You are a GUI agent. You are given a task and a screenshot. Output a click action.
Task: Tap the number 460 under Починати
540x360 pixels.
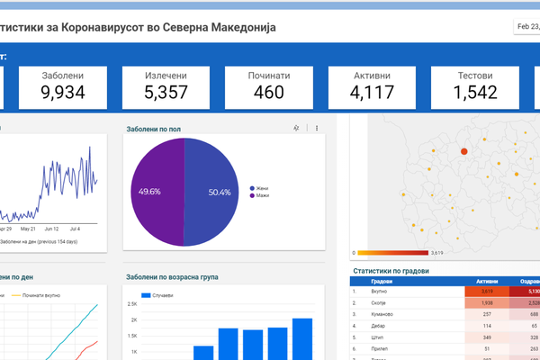(x=268, y=92)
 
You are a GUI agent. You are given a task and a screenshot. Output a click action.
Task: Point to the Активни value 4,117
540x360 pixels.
(x=372, y=92)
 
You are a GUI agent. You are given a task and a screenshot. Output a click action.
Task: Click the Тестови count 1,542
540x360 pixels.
(x=474, y=92)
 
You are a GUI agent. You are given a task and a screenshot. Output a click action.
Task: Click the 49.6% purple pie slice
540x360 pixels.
(x=152, y=191)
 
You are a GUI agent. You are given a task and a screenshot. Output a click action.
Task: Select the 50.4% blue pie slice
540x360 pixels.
(x=214, y=192)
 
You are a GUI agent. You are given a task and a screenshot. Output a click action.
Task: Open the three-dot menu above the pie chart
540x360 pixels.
(x=317, y=129)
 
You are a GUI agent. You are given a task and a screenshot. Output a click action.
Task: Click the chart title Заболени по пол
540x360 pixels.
(x=154, y=130)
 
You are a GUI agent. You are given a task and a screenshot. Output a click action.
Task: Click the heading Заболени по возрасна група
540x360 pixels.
(x=172, y=277)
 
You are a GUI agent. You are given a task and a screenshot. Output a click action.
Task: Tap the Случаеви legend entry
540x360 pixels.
(x=162, y=295)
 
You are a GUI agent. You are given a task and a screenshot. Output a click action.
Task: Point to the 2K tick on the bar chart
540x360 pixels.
(x=132, y=320)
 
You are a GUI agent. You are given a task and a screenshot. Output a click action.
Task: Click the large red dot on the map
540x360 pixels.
(x=464, y=151)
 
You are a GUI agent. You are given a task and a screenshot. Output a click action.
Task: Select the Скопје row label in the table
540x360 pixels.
(x=382, y=304)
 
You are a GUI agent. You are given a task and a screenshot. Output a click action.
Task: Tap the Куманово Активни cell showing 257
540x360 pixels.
(x=487, y=315)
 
